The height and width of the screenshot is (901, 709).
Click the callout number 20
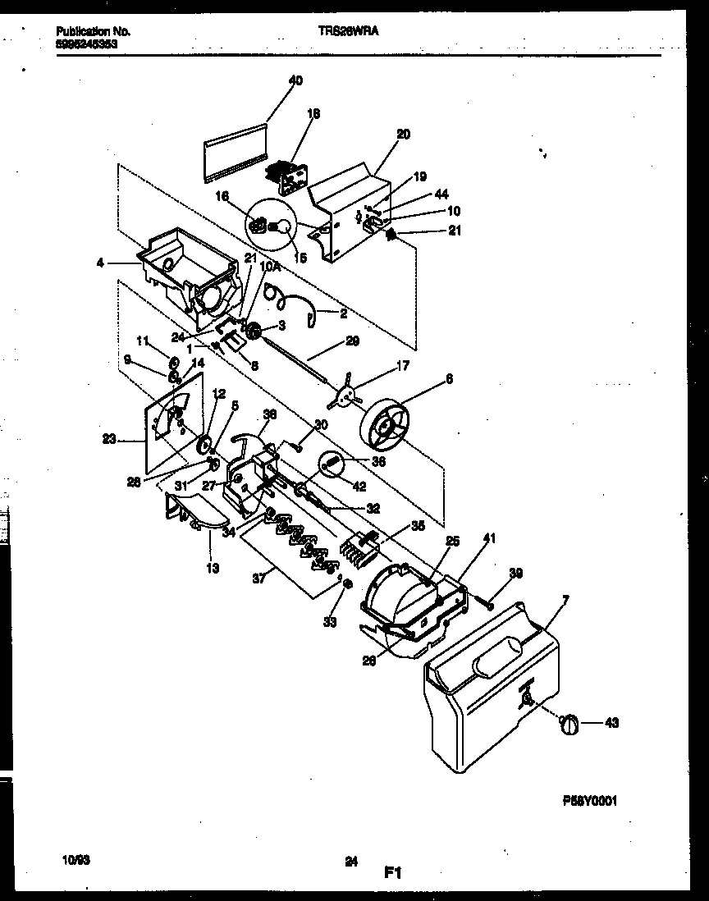[x=403, y=134]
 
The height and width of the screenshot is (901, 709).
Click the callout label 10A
[x=269, y=267]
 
